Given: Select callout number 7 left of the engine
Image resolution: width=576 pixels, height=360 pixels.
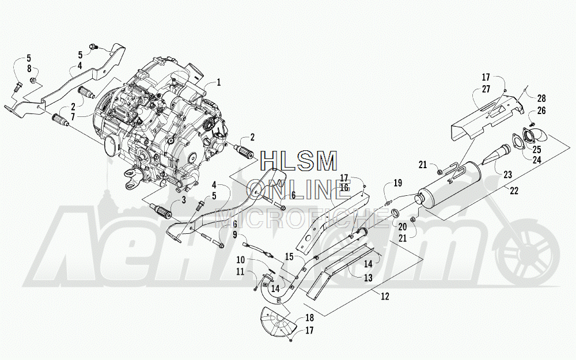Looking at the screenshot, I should [73, 117].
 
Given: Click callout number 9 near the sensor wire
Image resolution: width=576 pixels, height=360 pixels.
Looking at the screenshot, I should [234, 235].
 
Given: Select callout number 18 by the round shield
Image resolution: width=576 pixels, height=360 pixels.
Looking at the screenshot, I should [310, 318].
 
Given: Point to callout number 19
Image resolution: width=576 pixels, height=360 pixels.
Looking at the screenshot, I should [397, 183].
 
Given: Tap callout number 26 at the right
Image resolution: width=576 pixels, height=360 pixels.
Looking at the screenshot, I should [541, 111].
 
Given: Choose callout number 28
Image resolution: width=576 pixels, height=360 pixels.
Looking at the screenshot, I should [541, 98].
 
